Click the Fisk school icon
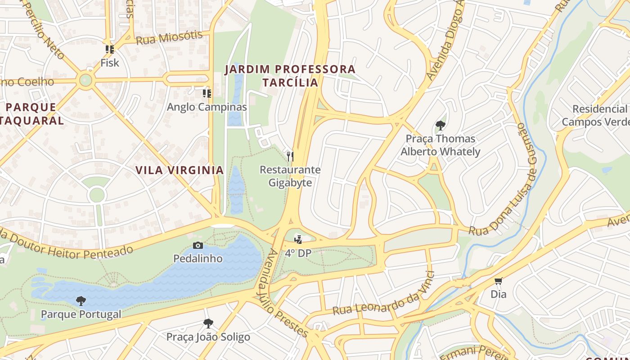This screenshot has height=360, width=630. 109,49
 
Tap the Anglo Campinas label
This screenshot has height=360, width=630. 207,107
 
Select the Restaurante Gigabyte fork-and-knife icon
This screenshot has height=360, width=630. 290,156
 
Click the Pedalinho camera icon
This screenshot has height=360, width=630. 198,245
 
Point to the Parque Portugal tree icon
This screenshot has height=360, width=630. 81,301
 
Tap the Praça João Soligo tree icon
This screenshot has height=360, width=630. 208,323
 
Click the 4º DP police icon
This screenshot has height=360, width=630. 298,239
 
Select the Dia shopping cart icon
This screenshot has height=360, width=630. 498,281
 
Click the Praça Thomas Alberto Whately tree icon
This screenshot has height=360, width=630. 441,126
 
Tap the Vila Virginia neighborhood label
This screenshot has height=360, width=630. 180,170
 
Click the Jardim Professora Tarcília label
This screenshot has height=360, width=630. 290,76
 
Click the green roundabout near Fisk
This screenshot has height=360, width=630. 85,81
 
